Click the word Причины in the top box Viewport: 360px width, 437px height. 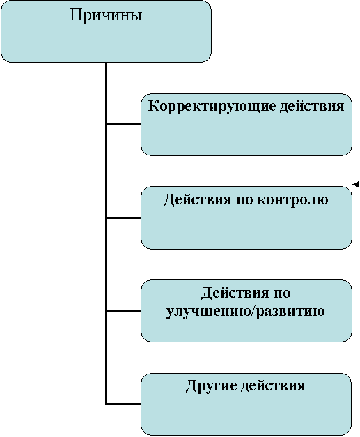(106, 15)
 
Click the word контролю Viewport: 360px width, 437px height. (292, 200)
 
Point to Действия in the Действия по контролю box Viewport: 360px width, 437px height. (197, 200)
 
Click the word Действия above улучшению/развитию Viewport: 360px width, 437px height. (235, 293)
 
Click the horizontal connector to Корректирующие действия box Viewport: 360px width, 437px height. (124, 124)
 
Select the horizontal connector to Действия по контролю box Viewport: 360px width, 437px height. (124, 217)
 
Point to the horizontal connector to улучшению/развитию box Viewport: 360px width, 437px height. (124, 311)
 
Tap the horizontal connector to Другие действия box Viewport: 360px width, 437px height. (124, 404)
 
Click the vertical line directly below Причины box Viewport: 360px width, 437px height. (106, 233)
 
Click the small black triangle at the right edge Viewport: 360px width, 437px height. (356, 185)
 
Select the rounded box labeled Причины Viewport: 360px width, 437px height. (106, 31)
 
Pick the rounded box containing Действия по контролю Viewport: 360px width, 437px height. (246, 217)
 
